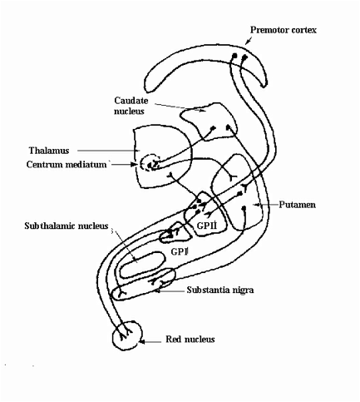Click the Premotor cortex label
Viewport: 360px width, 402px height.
tap(284, 30)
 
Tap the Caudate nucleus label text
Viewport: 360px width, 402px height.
tap(131, 106)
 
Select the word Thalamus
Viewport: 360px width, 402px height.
tap(49, 151)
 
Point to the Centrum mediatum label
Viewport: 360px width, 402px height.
tap(67, 165)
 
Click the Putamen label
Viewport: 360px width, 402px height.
tap(297, 205)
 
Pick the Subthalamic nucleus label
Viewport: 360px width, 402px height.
tap(67, 226)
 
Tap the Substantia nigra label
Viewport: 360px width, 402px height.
tap(220, 290)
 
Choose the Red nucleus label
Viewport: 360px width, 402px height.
tap(190, 339)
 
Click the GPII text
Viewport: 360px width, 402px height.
tap(207, 226)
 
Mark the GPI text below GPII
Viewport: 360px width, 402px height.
tap(180, 251)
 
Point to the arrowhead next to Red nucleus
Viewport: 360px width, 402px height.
tap(141, 342)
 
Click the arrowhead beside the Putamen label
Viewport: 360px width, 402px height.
tap(256, 205)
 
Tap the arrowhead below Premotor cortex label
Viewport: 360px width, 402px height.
tap(247, 42)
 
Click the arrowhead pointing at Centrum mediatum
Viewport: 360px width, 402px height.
tap(134, 164)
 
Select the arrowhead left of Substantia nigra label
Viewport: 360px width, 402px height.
tap(157, 290)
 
